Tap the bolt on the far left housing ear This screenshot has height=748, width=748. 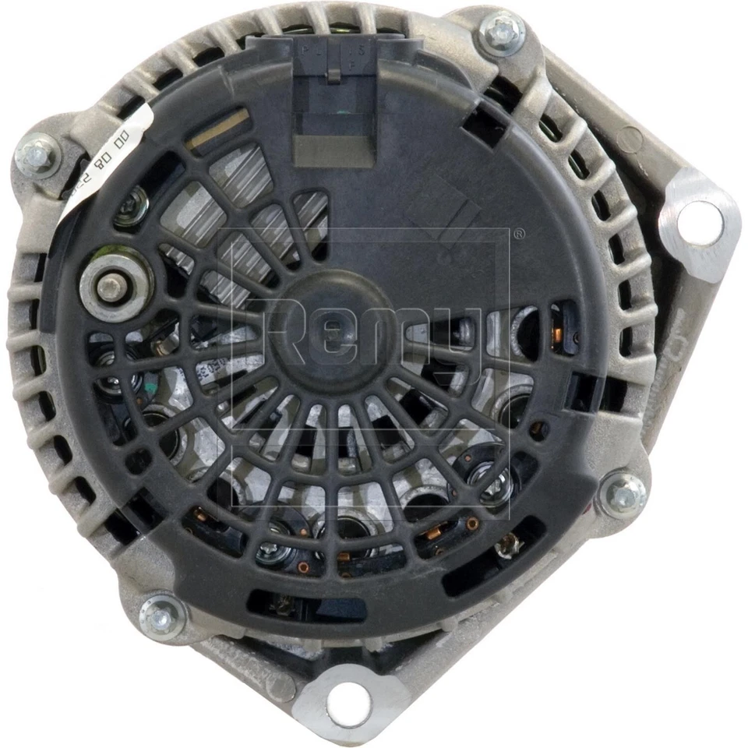(37, 156)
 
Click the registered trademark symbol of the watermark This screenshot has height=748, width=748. (518, 232)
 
